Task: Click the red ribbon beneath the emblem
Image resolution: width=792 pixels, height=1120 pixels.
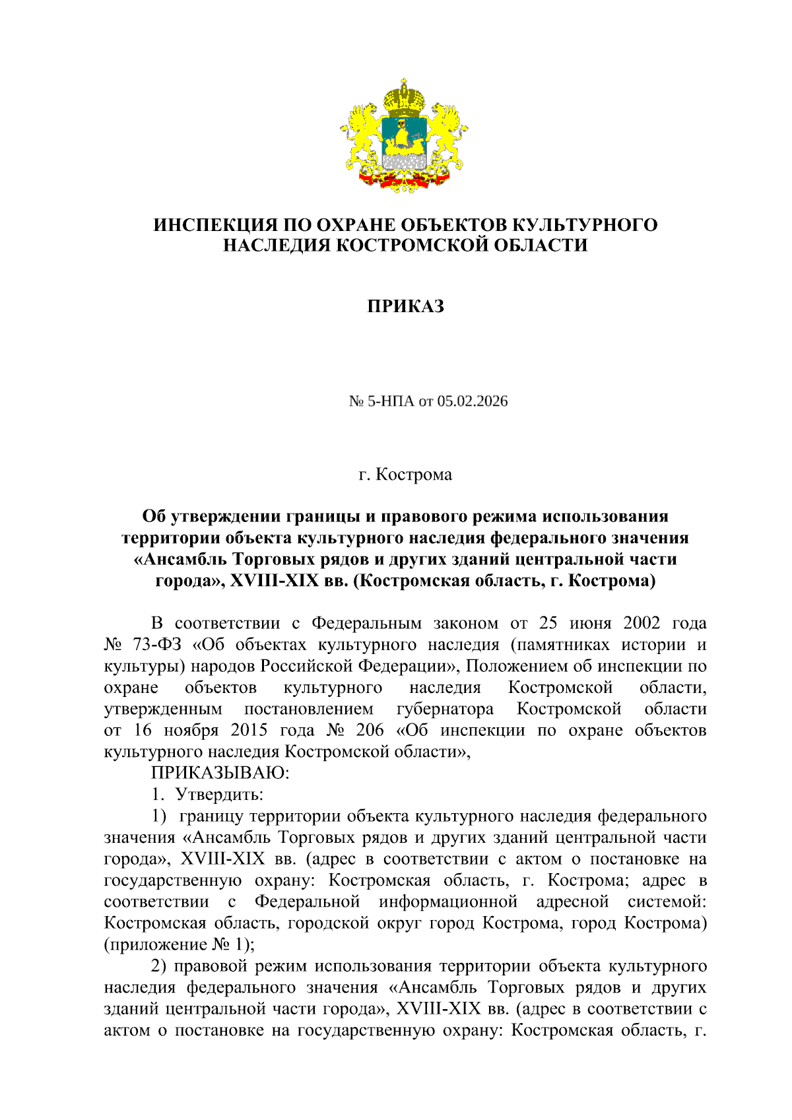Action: tap(405, 178)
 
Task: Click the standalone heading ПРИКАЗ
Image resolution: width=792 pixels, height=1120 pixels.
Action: tap(405, 306)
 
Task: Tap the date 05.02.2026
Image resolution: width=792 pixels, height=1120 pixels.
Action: tap(473, 401)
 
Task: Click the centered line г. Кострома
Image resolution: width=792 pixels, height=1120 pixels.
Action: tap(405, 475)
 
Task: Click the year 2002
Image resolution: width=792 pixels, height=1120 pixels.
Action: tap(640, 623)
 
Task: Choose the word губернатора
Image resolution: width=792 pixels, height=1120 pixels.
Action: tap(445, 709)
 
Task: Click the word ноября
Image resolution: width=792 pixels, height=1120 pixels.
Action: tap(191, 731)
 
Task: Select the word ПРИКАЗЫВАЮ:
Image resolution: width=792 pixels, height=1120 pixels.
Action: tap(220, 773)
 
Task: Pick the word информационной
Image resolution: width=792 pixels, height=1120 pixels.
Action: tap(448, 902)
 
